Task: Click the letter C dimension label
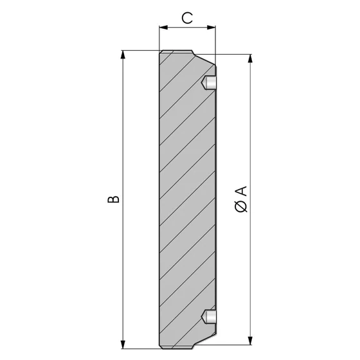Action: [187, 19]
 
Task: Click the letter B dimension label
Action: [113, 199]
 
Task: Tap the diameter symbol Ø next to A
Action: [241, 206]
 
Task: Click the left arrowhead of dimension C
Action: [163, 28]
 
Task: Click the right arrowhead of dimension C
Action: [212, 28]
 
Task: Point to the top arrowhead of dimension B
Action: [123, 55]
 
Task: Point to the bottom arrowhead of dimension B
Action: [123, 345]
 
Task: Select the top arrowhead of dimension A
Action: [250, 59]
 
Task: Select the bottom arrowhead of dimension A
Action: [250, 340]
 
